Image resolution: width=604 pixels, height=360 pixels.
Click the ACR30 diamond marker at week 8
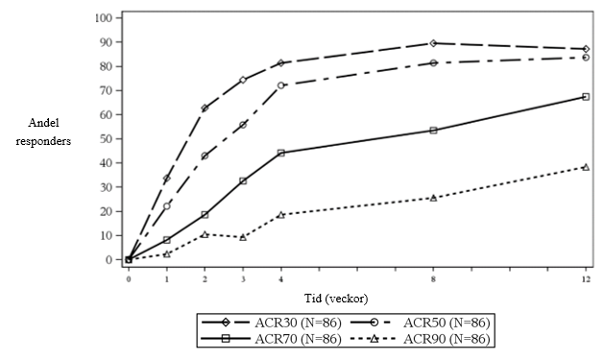[433, 43]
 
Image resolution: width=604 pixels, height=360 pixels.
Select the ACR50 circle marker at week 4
[280, 85]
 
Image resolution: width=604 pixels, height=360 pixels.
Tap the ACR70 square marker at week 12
[586, 97]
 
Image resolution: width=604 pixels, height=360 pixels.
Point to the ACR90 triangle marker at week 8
[433, 198]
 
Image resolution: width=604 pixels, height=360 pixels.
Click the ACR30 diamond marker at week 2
[205, 108]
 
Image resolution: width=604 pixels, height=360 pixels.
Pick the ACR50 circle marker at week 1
[166, 206]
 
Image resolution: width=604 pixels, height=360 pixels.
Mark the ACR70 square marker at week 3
[243, 180]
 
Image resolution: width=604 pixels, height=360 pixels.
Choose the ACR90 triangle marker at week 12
[586, 167]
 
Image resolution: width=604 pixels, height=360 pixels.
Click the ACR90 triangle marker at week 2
[205, 234]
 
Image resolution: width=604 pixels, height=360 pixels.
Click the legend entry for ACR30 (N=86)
[272, 323]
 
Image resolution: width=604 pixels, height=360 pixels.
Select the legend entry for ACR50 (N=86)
[421, 323]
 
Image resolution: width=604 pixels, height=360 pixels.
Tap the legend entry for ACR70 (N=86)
[272, 339]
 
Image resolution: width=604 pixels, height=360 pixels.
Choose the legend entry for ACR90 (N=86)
[421, 339]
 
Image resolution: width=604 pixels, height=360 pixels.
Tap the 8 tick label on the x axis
[433, 279]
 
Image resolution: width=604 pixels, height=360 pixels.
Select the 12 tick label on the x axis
[586, 279]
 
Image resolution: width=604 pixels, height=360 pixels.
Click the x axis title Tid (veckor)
[336, 299]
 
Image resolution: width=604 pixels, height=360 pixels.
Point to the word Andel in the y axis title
[43, 123]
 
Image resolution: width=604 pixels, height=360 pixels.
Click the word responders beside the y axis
[43, 142]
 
